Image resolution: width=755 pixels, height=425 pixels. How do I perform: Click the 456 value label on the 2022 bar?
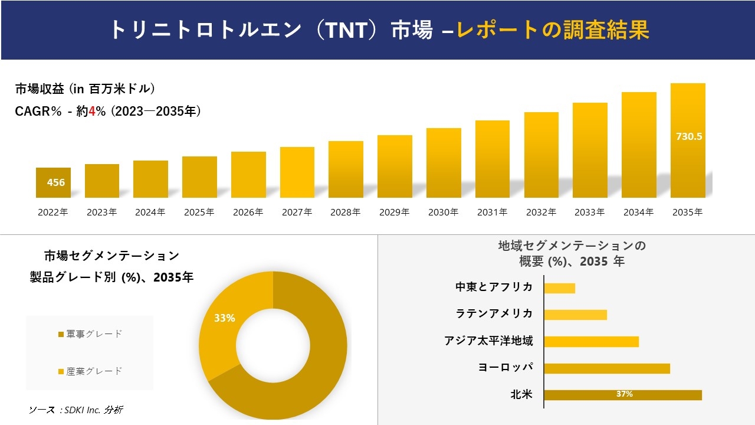pos(56,182)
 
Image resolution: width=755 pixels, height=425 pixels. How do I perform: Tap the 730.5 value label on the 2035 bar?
pos(688,136)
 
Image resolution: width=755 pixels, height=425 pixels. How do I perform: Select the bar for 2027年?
pos(297,172)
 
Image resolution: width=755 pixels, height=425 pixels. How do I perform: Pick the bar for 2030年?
pos(444,163)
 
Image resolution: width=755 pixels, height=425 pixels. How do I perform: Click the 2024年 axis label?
pos(150,212)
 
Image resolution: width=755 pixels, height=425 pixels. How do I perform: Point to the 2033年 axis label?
pos(589,212)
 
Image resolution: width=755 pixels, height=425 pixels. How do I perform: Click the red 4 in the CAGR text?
pos(92,111)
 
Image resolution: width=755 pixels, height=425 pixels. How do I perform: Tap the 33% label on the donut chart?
pos(224,318)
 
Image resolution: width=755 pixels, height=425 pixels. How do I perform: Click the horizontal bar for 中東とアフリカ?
pos(559,288)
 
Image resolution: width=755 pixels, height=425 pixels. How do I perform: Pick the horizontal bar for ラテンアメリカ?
pos(575,315)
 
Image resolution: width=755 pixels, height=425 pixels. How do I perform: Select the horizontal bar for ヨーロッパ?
pos(607,368)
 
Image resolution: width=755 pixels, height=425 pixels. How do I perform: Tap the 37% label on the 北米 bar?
pos(624,394)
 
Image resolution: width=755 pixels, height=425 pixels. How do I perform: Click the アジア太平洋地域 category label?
pos(488,341)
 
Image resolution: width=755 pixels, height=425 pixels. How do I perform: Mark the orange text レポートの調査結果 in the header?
pos(553,30)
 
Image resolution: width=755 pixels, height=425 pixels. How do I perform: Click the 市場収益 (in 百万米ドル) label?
pos(85,89)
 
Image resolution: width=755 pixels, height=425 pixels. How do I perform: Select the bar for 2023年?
pos(102,181)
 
